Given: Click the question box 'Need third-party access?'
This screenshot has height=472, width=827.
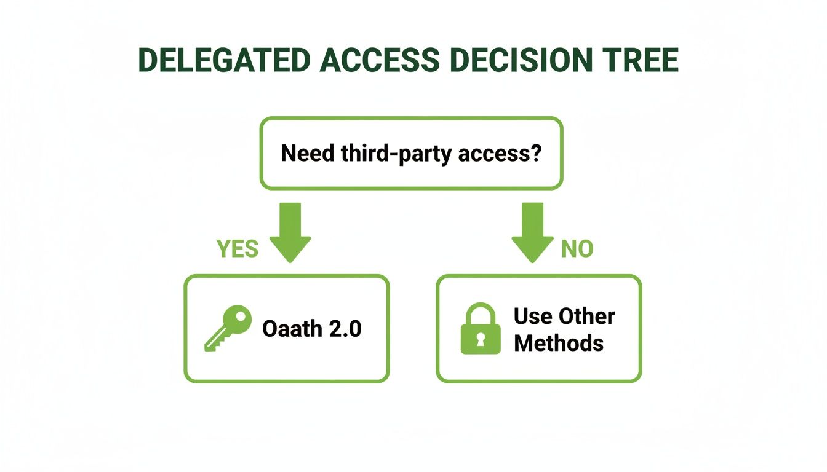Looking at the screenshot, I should pos(411,153).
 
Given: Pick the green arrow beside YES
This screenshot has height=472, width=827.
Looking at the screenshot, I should pos(290,232).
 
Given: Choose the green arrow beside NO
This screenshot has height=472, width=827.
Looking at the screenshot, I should pos(532,232).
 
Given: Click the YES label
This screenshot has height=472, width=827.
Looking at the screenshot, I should pos(238,249).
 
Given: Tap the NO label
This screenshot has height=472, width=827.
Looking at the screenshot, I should pos(577,249).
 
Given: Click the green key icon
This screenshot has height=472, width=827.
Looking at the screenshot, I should pos(228,328).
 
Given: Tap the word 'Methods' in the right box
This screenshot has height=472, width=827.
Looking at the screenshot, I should pos(558,343).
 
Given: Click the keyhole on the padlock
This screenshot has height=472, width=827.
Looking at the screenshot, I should pos(481,339).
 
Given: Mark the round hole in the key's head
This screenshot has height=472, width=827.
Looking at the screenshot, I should pos(241,317).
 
